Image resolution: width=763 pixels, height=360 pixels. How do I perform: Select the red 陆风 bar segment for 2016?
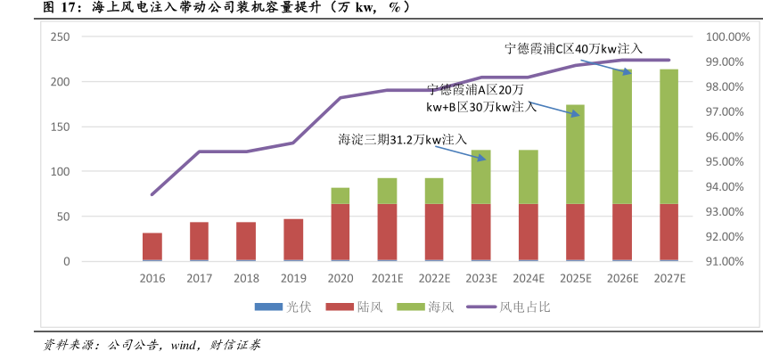(x=152, y=246)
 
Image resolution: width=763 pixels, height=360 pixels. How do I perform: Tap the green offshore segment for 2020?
(x=340, y=196)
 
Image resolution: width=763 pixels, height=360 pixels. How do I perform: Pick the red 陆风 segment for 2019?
(x=293, y=239)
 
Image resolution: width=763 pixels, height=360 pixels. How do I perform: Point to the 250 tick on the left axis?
(x=60, y=37)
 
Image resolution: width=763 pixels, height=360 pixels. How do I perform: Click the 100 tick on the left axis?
(x=60, y=171)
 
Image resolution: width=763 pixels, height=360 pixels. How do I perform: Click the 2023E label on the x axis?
(x=481, y=278)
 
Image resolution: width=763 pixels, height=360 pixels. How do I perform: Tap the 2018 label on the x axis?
(x=246, y=278)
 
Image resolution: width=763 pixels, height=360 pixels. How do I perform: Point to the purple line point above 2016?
(x=152, y=194)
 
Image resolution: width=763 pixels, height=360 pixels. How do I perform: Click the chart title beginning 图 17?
(x=213, y=7)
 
